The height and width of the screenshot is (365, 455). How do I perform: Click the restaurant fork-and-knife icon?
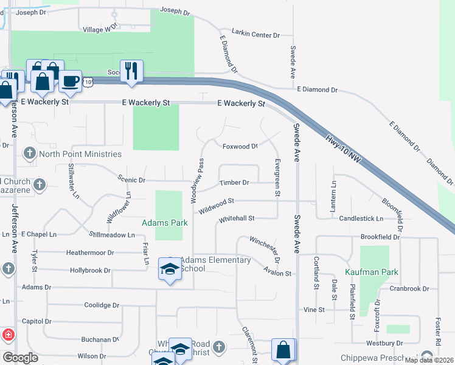[x=131, y=71]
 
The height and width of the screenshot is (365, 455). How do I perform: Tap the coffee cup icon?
[x=70, y=82]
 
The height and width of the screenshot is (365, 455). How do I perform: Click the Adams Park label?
[x=164, y=223]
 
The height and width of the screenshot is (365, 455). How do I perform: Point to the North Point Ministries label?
[x=80, y=154]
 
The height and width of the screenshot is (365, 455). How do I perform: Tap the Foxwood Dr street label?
[x=240, y=146]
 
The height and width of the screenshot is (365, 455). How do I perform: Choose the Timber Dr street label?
[x=234, y=182]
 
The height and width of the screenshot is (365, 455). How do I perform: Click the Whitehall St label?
[x=236, y=218]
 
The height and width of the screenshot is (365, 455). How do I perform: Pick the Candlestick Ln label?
[x=361, y=218]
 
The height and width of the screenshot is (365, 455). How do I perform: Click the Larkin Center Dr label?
[x=255, y=35]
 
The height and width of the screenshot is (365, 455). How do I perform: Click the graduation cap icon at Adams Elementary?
[x=170, y=269]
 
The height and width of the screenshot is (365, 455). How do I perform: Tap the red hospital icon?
[x=9, y=335]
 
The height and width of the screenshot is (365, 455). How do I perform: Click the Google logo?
[x=20, y=358]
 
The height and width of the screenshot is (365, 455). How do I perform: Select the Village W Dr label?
[x=99, y=29]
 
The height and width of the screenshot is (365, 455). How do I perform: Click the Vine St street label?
[x=314, y=310]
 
